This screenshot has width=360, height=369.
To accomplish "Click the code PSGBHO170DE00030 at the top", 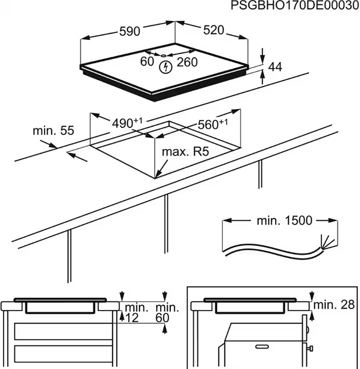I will [294, 6].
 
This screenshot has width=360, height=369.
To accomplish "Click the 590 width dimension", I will [130, 31].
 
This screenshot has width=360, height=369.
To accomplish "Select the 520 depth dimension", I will [213, 30].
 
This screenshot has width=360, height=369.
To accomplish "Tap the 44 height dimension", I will [275, 67].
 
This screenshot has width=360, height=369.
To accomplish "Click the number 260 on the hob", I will [187, 62].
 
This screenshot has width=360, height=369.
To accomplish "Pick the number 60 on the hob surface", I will [147, 60].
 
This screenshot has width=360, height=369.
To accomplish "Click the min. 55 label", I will [53, 131].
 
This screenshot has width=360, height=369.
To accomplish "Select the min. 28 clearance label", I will [336, 304].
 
